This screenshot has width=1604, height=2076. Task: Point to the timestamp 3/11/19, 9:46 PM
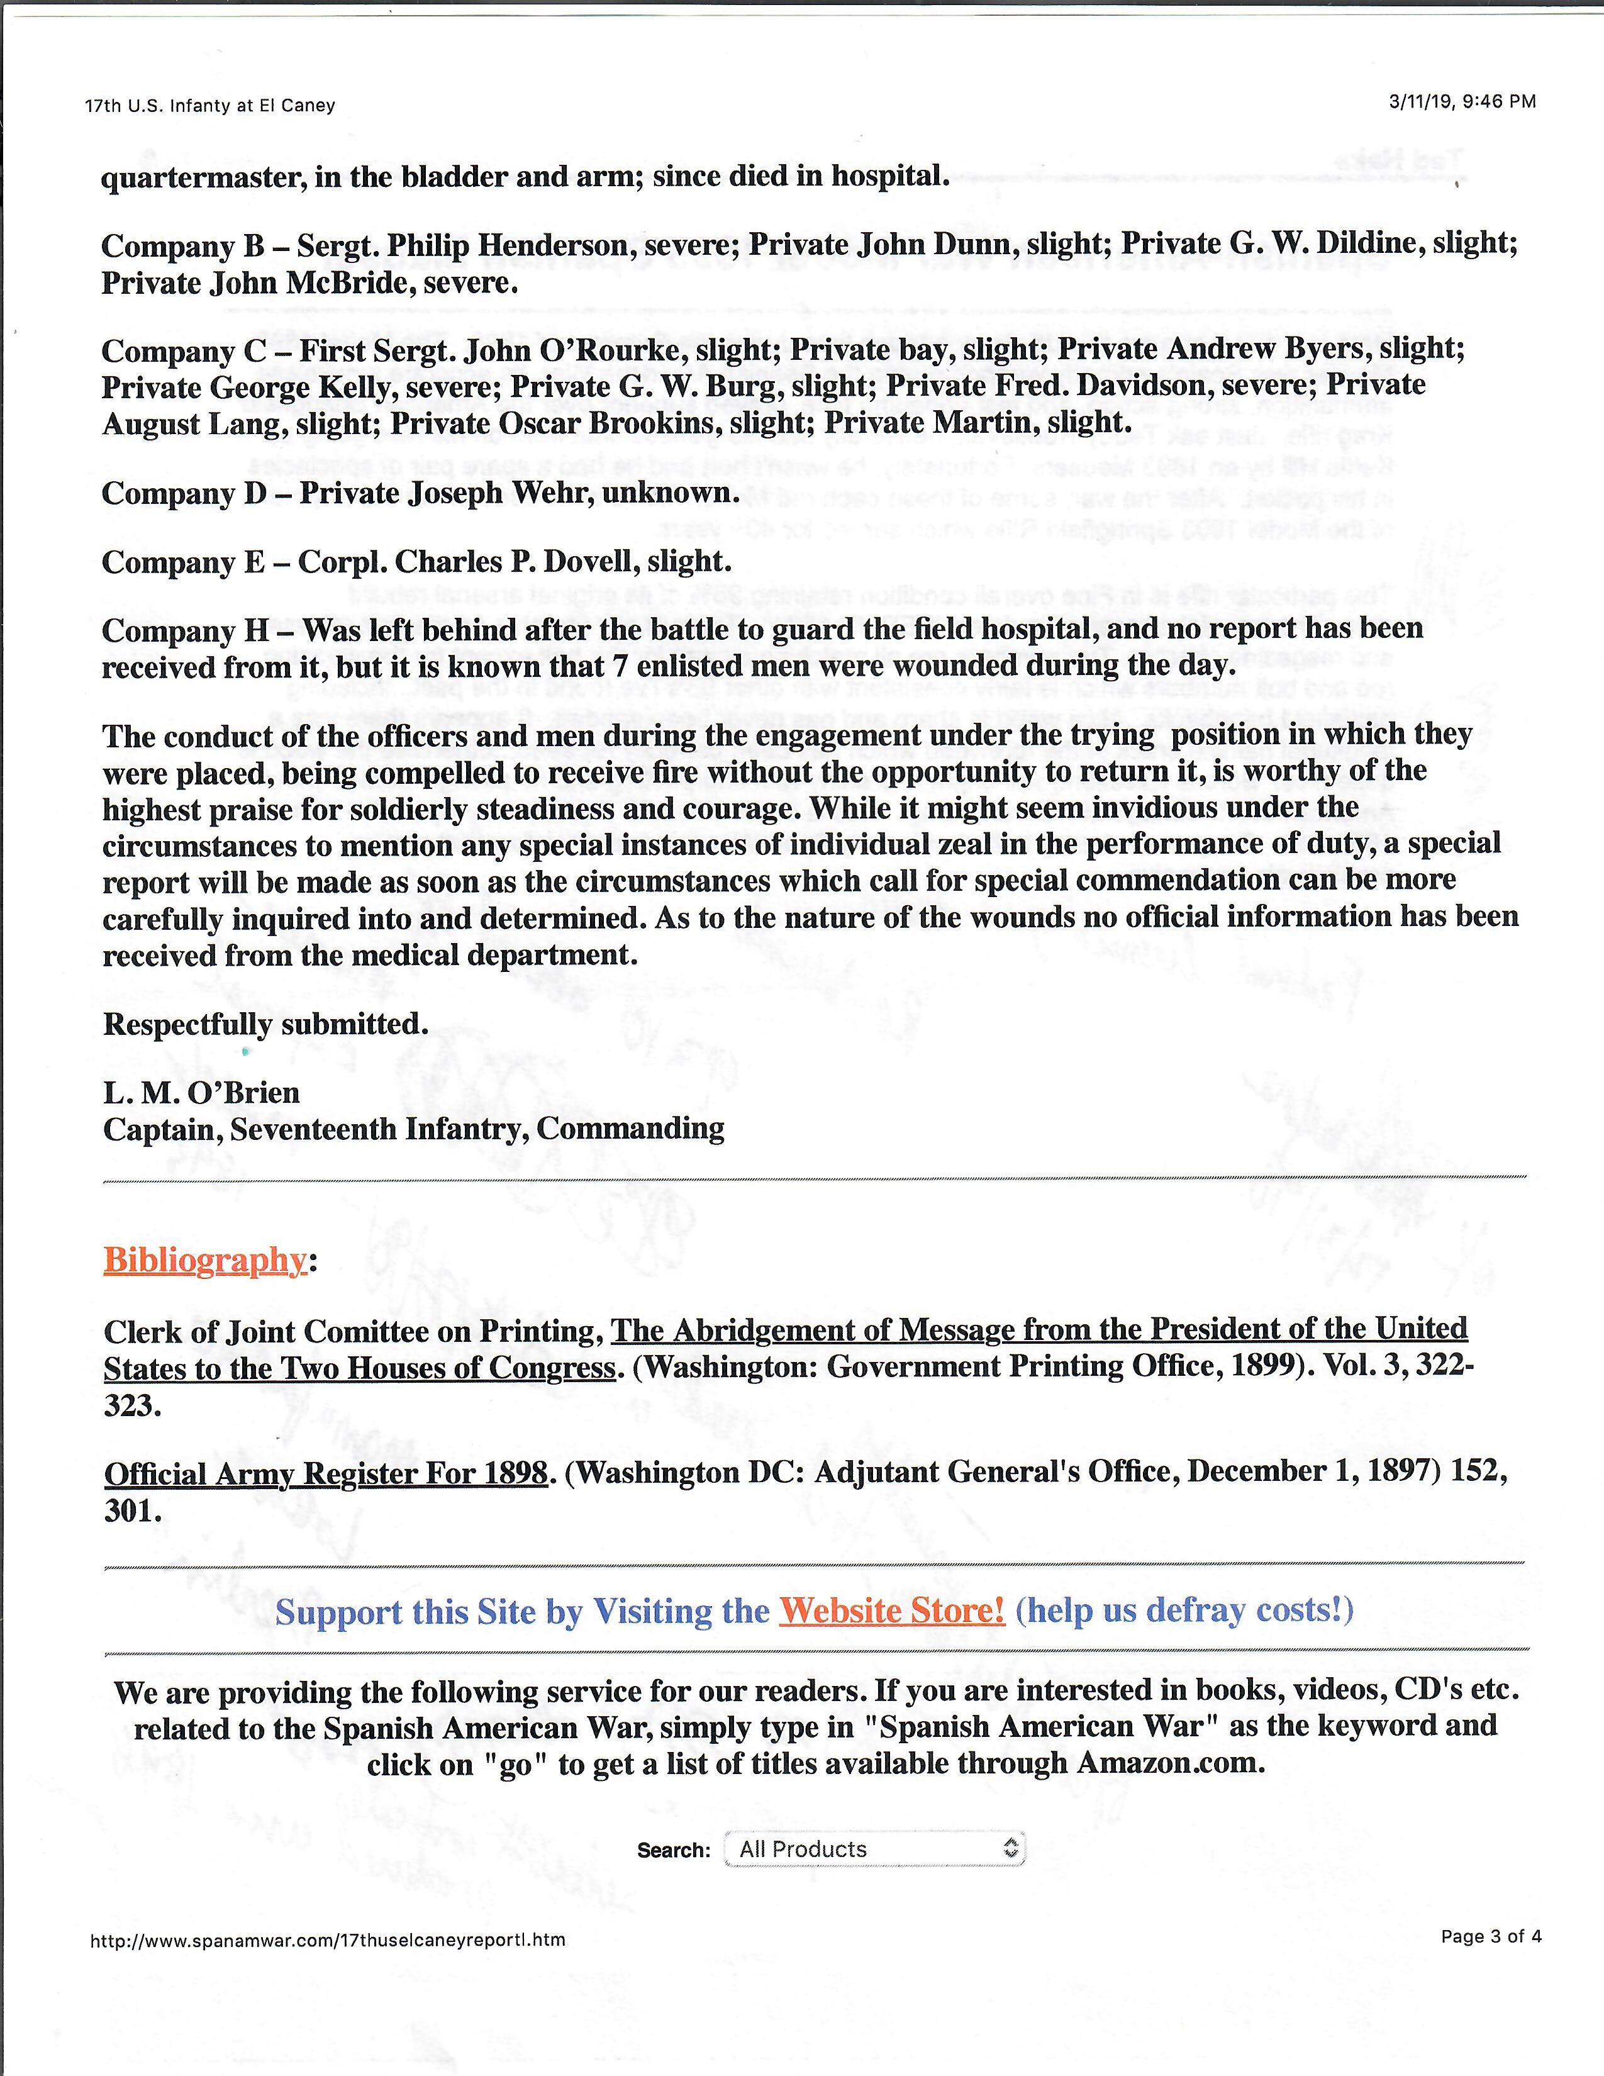click(x=1461, y=102)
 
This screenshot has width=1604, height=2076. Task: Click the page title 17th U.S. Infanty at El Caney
click(x=210, y=106)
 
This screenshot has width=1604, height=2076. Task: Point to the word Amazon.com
click(x=1170, y=1763)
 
